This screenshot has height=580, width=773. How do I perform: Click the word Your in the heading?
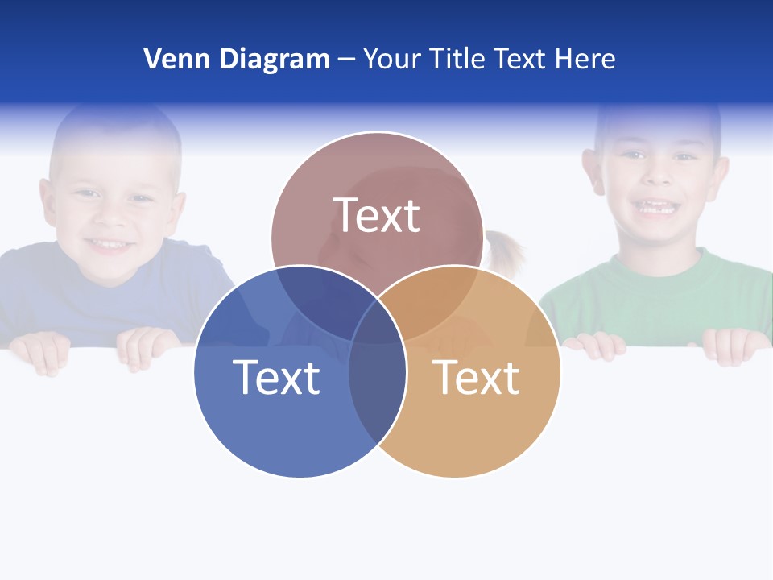(393, 59)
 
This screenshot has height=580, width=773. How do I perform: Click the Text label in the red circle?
(377, 215)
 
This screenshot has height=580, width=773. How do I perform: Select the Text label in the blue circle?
(276, 377)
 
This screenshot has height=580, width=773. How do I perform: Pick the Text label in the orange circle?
(477, 377)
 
